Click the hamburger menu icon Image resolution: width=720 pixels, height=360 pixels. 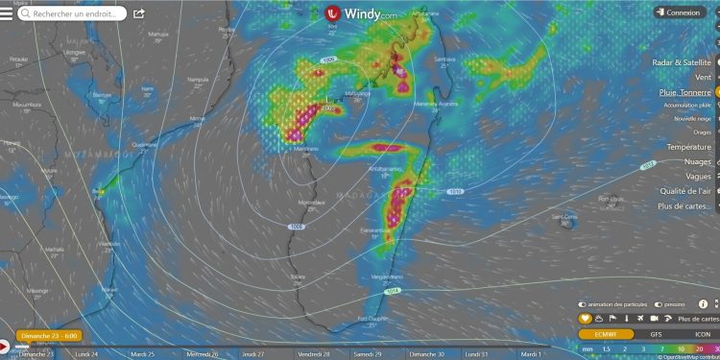[8, 13]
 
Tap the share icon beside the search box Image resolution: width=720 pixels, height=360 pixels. [139, 14]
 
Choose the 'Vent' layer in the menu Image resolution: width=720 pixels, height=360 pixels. [703, 77]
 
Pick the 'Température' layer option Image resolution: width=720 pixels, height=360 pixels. [689, 147]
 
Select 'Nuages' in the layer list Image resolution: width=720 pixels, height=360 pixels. [698, 161]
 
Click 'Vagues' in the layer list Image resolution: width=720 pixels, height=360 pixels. [698, 176]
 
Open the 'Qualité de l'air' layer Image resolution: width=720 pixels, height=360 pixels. [684, 191]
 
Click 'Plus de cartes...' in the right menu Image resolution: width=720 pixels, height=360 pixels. [684, 205]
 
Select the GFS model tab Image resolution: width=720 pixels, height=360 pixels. [656, 334]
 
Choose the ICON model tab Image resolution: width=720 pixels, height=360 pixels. [704, 334]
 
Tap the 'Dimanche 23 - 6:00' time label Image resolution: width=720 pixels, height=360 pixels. [48, 336]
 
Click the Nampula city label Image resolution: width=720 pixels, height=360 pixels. [198, 80]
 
